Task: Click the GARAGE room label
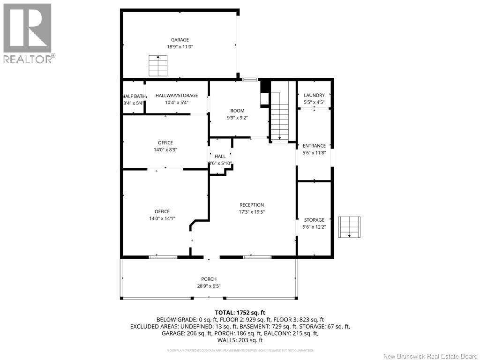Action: pyautogui.click(x=180, y=40)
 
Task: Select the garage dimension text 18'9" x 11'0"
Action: pyautogui.click(x=180, y=47)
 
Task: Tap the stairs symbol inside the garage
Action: pyautogui.click(x=158, y=66)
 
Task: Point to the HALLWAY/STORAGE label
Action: pyautogui.click(x=177, y=96)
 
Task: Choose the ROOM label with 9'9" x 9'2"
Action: pyautogui.click(x=237, y=111)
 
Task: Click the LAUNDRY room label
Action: pyautogui.click(x=314, y=95)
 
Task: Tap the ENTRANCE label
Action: pyautogui.click(x=314, y=146)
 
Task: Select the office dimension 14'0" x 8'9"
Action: pyautogui.click(x=165, y=150)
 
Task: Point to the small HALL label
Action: pyautogui.click(x=220, y=156)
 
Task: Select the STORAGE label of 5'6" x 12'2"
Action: pyautogui.click(x=314, y=220)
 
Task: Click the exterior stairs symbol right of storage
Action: pyautogui.click(x=350, y=227)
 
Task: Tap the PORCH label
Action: pyautogui.click(x=209, y=279)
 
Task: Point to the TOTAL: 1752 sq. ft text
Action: pyautogui.click(x=240, y=312)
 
